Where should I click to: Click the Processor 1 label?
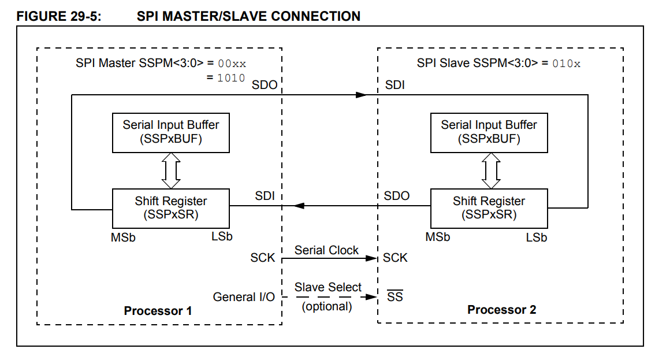click(x=158, y=311)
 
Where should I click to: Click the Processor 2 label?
click(x=501, y=310)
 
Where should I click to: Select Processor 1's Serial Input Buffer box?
click(x=171, y=132)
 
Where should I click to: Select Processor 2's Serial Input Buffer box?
click(x=489, y=132)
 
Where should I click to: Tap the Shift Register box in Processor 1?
click(x=171, y=207)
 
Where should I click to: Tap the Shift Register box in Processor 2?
click(x=489, y=207)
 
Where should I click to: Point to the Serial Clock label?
click(x=326, y=250)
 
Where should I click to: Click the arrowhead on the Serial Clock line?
click(x=371, y=258)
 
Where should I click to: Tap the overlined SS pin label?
click(x=395, y=297)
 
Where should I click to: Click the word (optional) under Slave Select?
click(x=327, y=306)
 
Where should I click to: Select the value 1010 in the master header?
click(x=231, y=77)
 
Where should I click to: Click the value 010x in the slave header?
click(x=566, y=64)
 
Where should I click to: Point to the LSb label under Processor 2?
click(x=537, y=237)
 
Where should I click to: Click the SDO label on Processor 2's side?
click(x=397, y=196)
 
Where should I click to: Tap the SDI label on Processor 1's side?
click(x=265, y=196)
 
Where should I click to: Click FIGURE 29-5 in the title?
click(x=59, y=16)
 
